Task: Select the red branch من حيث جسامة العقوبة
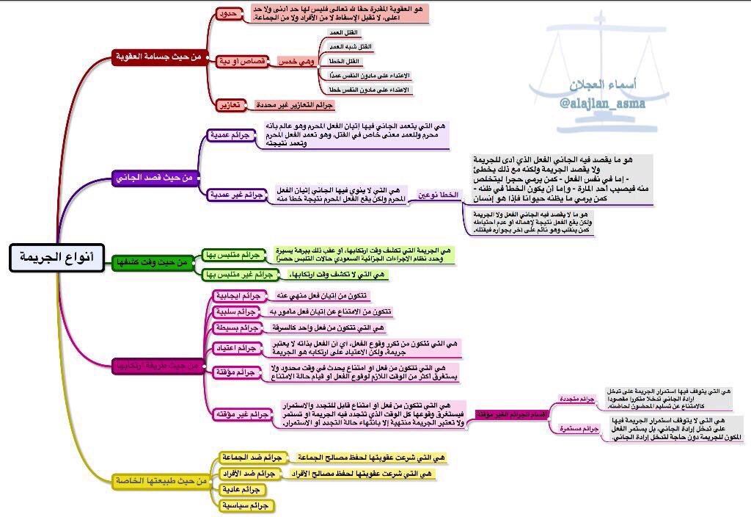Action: point(160,57)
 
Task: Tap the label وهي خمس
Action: point(296,62)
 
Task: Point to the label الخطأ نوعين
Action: point(438,195)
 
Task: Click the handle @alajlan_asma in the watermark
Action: point(602,104)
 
